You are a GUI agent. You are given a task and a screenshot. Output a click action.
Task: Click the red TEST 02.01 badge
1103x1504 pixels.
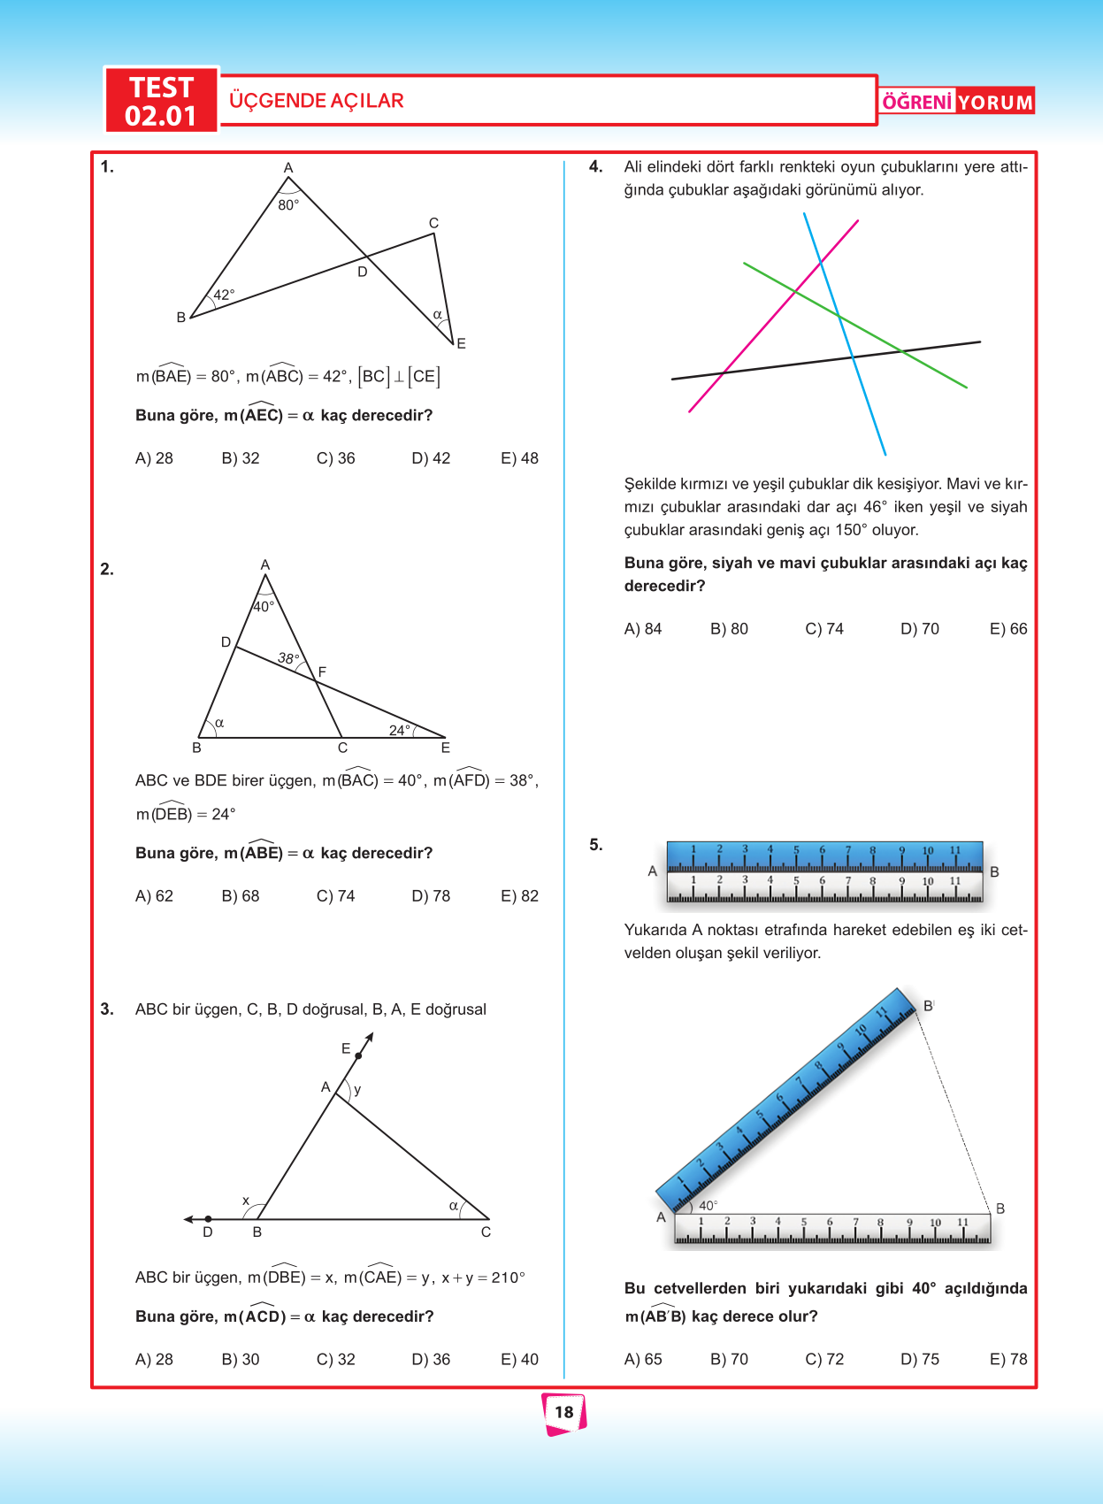point(161,101)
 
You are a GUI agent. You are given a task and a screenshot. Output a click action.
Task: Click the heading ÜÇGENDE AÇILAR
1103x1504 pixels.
point(316,101)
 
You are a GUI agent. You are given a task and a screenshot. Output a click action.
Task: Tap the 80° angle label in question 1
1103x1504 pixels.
point(288,205)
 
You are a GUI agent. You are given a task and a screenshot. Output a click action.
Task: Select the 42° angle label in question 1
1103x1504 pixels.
point(224,295)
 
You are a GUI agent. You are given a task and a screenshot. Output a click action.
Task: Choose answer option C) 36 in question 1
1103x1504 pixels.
point(335,458)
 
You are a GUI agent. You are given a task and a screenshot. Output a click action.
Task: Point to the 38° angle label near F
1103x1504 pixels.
point(288,658)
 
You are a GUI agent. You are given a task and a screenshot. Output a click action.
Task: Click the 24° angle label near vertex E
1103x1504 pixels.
point(399,730)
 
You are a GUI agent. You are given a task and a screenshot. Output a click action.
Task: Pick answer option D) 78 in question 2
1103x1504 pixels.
point(431,896)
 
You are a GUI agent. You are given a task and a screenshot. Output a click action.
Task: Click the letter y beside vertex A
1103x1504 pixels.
point(357,1090)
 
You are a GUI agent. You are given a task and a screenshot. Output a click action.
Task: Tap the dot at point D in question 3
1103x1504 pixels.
point(208,1219)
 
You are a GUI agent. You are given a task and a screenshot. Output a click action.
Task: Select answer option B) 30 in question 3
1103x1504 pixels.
point(241,1360)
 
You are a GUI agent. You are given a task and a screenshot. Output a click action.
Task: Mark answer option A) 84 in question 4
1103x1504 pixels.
point(643,629)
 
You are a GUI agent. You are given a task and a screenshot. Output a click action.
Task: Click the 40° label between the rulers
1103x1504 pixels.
point(708,1206)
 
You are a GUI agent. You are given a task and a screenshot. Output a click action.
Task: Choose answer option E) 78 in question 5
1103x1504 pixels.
point(1008,1360)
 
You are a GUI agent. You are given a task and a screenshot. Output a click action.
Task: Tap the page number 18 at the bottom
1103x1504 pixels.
point(564,1412)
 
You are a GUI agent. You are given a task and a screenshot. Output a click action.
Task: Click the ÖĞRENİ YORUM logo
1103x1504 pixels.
point(957,102)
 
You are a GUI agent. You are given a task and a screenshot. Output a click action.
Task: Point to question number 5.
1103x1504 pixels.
point(596,845)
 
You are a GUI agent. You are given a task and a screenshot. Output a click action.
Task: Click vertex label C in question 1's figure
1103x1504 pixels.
point(433,223)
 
